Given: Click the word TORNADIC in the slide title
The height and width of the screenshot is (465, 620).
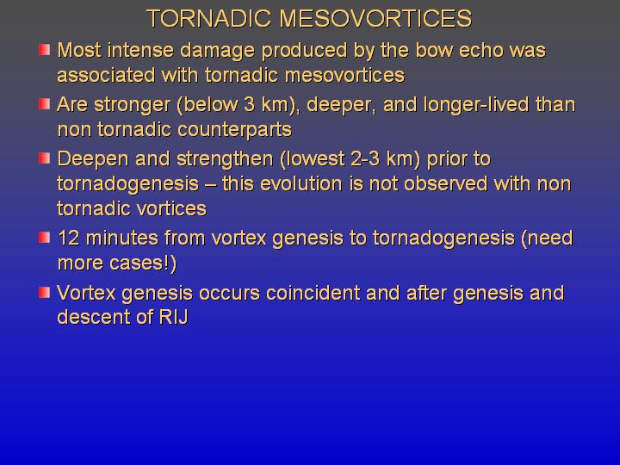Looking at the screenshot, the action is pos(209,18).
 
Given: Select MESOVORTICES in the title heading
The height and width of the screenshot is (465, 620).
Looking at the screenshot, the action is pos(375,18).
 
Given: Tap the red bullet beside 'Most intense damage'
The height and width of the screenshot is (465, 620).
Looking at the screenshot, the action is pos(44,50).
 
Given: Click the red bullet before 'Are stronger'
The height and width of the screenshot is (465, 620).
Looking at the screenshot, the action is pos(44,104).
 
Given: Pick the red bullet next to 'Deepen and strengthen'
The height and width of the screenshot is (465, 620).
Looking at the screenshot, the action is pos(44,158).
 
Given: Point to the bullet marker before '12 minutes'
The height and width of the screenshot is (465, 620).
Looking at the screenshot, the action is pos(44,238).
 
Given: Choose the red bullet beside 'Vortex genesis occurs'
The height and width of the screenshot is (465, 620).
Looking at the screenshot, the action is pos(44,293).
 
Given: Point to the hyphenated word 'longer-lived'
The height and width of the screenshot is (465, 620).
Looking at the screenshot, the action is pos(475,105).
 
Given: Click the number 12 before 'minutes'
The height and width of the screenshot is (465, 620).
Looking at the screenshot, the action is pos(69,239).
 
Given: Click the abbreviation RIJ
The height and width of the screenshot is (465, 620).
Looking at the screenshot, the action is pos(173,317).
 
